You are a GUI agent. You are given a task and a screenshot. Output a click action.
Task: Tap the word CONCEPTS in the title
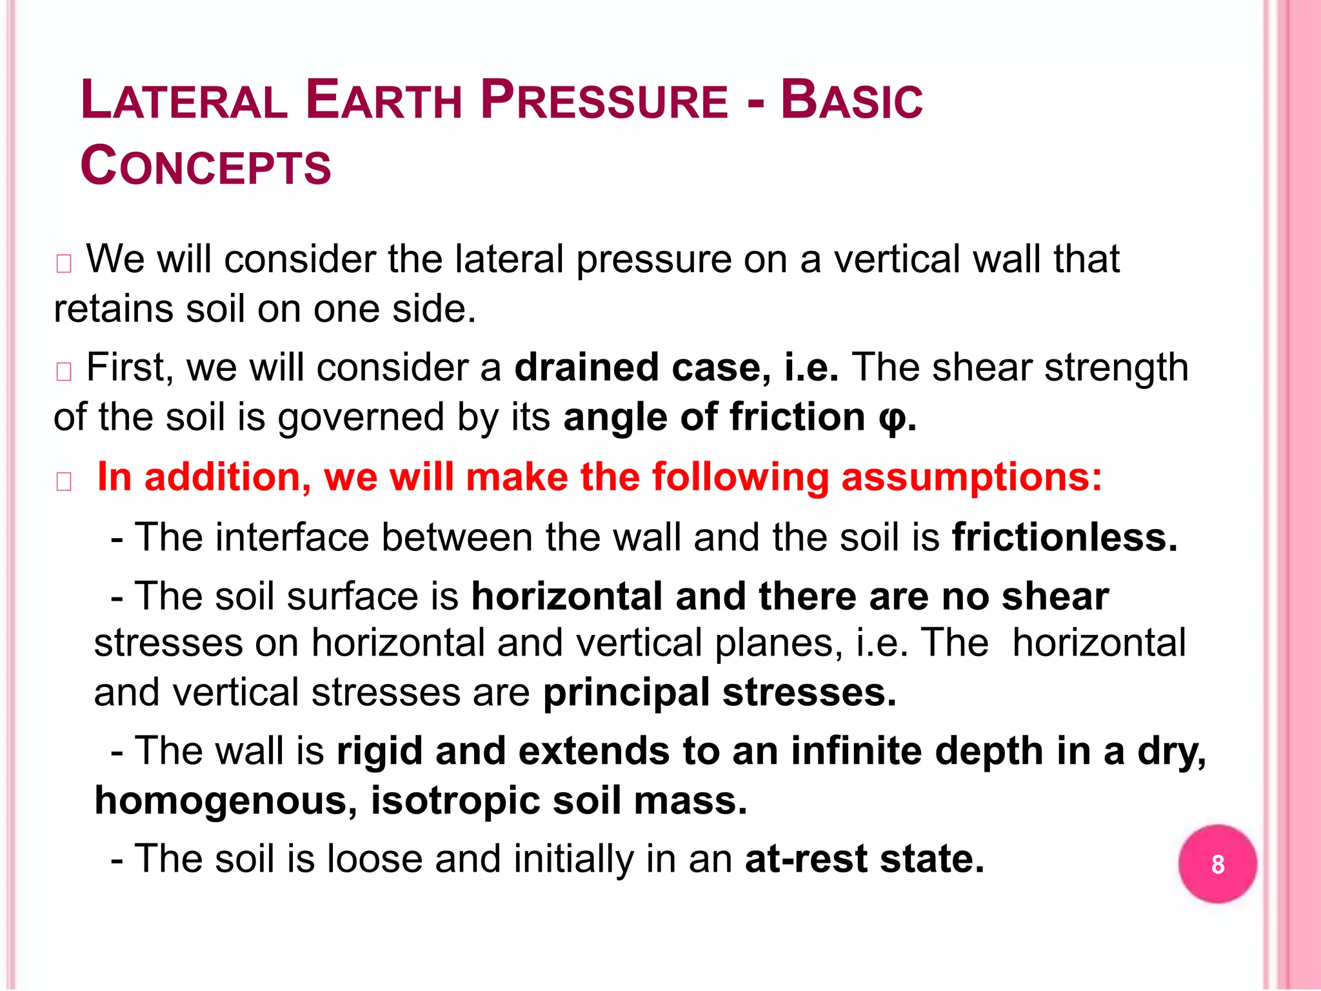[206, 166]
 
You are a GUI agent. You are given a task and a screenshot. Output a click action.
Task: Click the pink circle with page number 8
[1217, 864]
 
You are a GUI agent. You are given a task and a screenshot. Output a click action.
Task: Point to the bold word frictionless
[1064, 537]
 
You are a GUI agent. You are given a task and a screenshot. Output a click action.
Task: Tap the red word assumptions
[971, 477]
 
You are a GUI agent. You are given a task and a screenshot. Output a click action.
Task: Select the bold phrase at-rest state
[864, 859]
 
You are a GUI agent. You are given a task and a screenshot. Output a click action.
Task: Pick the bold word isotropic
[455, 801]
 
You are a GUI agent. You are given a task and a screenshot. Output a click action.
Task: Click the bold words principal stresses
[719, 693]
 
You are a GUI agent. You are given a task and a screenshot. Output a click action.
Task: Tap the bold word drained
[586, 368]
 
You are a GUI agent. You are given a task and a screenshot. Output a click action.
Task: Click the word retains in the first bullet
[114, 309]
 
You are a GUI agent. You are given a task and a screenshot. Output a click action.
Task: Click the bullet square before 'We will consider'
[64, 264]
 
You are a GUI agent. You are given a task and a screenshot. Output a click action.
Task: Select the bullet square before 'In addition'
[64, 482]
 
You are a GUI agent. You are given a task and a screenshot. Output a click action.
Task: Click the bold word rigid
[379, 752]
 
